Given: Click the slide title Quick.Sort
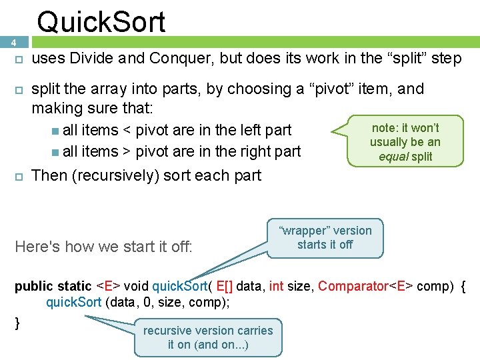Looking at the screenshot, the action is coord(101,21).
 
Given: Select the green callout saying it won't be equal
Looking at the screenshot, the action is coord(405,142).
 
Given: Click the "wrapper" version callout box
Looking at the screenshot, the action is coord(325,237).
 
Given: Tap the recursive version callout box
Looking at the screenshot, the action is coord(208,337).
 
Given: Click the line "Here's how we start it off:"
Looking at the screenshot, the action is coord(103,247).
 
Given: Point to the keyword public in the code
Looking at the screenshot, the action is coord(33,286).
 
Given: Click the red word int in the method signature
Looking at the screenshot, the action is coord(276,286).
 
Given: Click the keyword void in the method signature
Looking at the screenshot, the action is coord(136,286).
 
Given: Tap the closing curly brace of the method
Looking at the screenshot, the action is coord(18,323).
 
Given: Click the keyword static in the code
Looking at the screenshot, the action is coord(75,286).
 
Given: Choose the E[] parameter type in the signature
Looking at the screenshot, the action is coord(223,286).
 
